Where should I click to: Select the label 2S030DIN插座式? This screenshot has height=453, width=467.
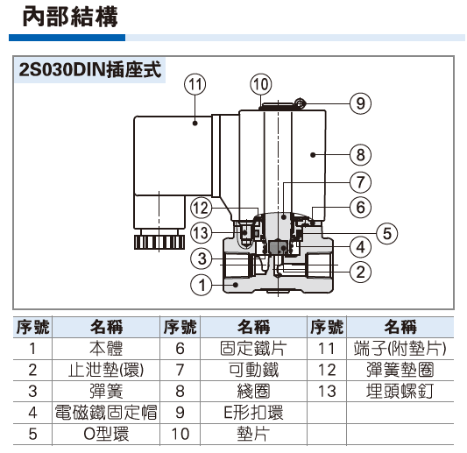pos(90,70)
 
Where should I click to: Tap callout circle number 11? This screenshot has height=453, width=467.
pos(195,85)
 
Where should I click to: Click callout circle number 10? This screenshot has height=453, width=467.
pos(260,85)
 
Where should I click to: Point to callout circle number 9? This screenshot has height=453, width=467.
pos(360,103)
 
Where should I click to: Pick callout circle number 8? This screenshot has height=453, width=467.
pos(360,156)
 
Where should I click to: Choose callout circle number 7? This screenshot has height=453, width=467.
pos(360,182)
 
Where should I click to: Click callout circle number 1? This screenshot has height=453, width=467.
pos(202,284)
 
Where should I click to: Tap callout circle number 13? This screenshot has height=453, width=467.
pos(202,232)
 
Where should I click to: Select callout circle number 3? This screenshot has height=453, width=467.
pos(202,258)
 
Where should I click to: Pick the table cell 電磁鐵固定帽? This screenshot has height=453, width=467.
pos(106,411)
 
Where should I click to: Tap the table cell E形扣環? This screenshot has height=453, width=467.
pos(253,411)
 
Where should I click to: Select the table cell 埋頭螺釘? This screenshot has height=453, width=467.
pos(400,390)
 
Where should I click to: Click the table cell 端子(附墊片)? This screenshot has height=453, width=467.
pos(400,348)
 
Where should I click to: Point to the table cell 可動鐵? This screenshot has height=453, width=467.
pos(253,369)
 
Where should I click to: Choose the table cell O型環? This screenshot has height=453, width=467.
pos(106,432)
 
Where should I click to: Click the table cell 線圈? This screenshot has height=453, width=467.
pos(253,390)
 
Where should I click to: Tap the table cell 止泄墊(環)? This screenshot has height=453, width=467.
pos(106,369)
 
